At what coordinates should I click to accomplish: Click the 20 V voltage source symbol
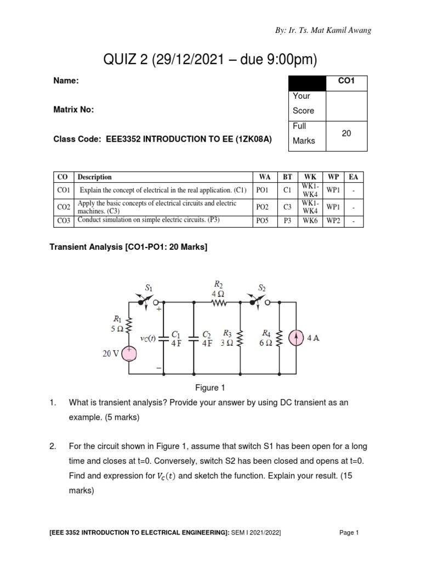pyautogui.click(x=129, y=354)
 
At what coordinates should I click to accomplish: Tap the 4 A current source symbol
pyautogui.click(x=296, y=338)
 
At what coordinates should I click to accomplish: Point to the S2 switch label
pyautogui.click(x=262, y=286)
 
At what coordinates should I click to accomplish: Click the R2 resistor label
pyautogui.click(x=218, y=284)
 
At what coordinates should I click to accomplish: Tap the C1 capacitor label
pyautogui.click(x=175, y=333)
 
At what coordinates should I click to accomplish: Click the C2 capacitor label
pyautogui.click(x=206, y=333)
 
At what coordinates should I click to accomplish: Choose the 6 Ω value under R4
pyautogui.click(x=265, y=342)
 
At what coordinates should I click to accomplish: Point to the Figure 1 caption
pyautogui.click(x=210, y=387)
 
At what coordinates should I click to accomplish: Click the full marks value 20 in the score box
pyautogui.click(x=346, y=133)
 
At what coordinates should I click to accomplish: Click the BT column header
pyautogui.click(x=287, y=177)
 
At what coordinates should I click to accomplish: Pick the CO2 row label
pyautogui.click(x=64, y=207)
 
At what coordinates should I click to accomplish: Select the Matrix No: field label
pyautogui.click(x=73, y=110)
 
